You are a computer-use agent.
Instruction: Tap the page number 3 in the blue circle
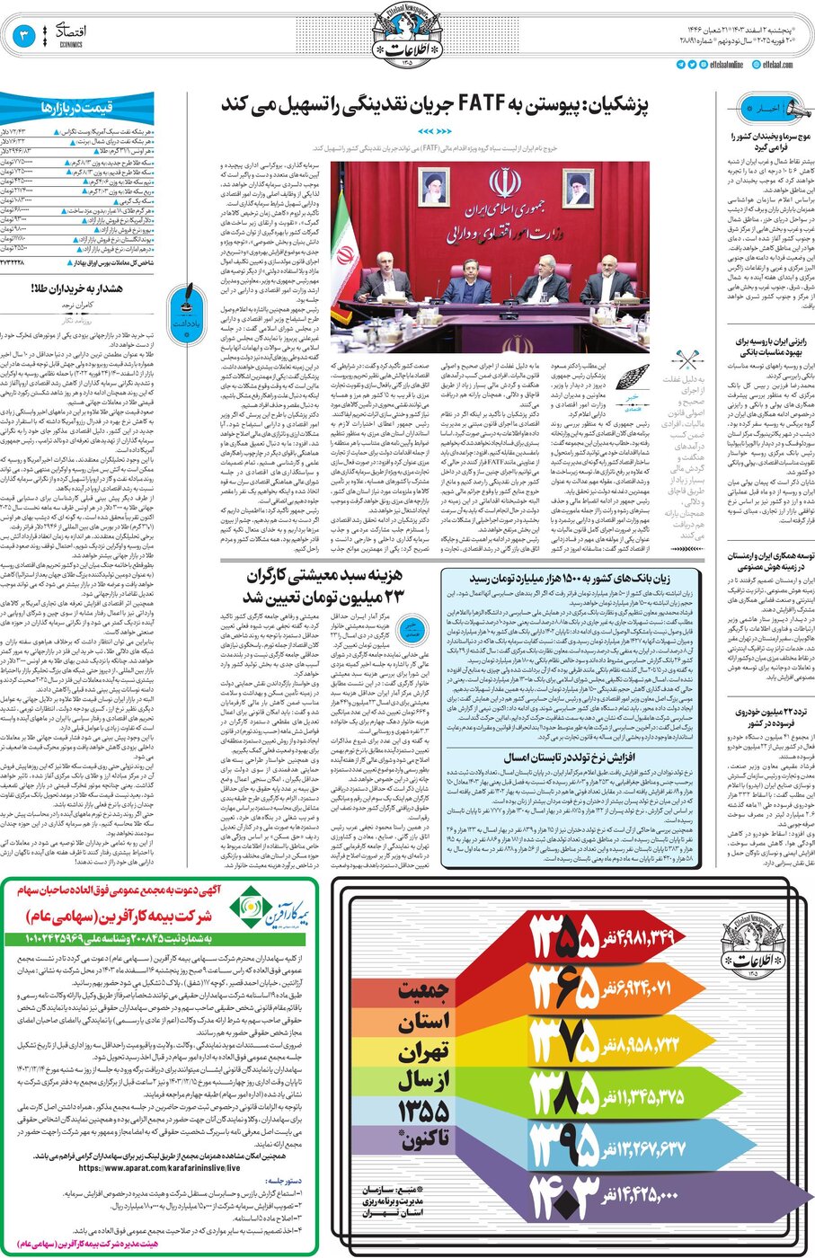tap(24, 36)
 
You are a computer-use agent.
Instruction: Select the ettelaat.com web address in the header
tap(777, 65)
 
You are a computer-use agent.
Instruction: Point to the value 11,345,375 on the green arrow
tap(650, 1096)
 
